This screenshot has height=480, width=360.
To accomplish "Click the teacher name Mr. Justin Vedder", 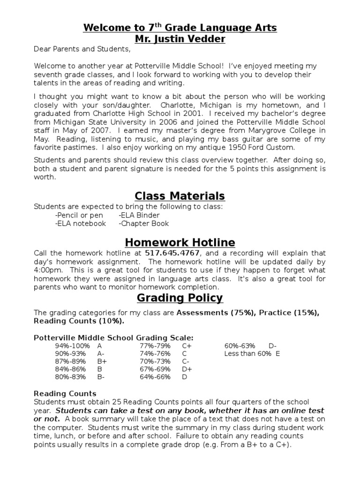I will (x=180, y=39).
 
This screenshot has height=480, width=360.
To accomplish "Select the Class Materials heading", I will (x=180, y=195).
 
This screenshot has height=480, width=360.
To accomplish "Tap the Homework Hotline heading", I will (x=180, y=242).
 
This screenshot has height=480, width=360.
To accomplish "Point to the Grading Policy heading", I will (x=180, y=298).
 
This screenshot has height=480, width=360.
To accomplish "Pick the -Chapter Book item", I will (x=144, y=224).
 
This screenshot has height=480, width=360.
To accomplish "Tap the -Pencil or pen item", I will (x=79, y=215).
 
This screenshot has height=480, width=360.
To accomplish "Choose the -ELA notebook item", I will (x=81, y=224).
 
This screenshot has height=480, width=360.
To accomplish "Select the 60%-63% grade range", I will (x=240, y=346).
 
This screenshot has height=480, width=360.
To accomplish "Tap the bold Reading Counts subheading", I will (x=65, y=394).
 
